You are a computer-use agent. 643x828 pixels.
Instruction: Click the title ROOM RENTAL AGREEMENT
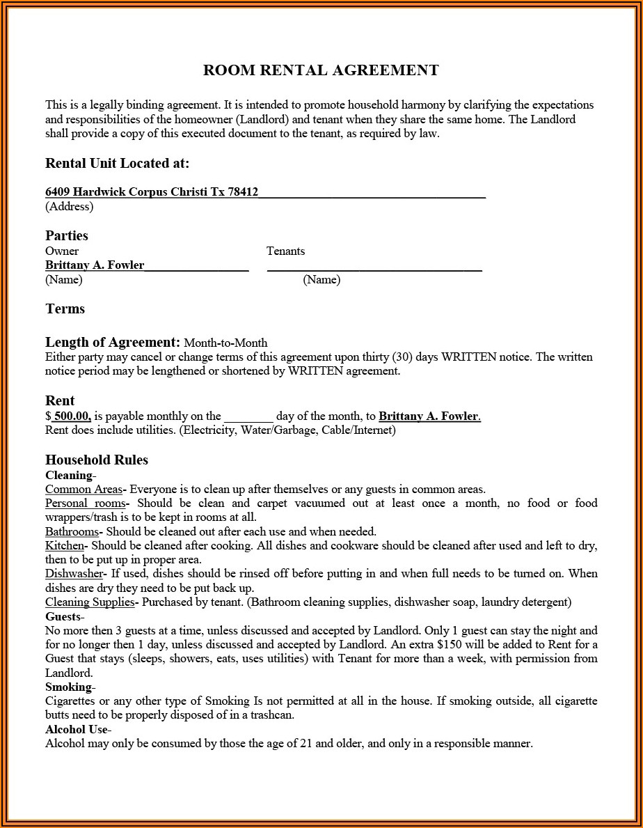[321, 70]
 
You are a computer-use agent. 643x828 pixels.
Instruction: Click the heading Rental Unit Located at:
[117, 164]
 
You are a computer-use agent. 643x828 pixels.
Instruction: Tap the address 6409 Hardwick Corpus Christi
[152, 192]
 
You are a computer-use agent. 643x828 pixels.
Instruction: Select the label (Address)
[69, 206]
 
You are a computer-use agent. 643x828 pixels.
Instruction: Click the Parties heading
[67, 235]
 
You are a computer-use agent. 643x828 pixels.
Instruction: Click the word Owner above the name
[62, 251]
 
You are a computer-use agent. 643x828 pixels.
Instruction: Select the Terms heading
[65, 308]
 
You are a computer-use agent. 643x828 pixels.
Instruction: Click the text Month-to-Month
[225, 343]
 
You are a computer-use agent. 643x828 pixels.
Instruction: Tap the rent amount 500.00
[72, 416]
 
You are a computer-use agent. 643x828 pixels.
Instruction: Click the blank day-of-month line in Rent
[248, 416]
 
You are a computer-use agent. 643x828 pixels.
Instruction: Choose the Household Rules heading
[97, 460]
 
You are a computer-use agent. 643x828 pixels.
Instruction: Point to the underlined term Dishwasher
[74, 574]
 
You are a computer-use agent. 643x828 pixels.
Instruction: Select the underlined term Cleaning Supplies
[90, 602]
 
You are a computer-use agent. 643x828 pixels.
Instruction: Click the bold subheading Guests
[63, 616]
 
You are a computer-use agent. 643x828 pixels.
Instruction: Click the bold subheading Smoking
[68, 687]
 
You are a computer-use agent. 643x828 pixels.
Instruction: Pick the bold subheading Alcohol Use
[77, 729]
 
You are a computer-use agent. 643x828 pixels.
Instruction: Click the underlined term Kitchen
[65, 546]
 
